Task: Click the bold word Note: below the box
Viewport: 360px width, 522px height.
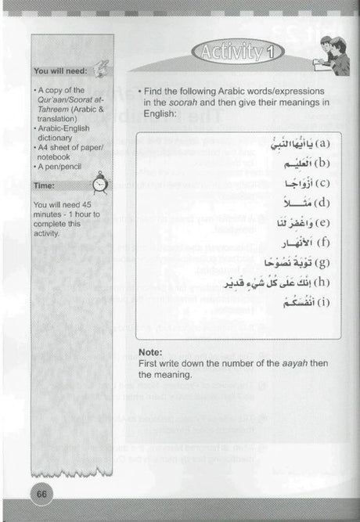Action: coord(149,352)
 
